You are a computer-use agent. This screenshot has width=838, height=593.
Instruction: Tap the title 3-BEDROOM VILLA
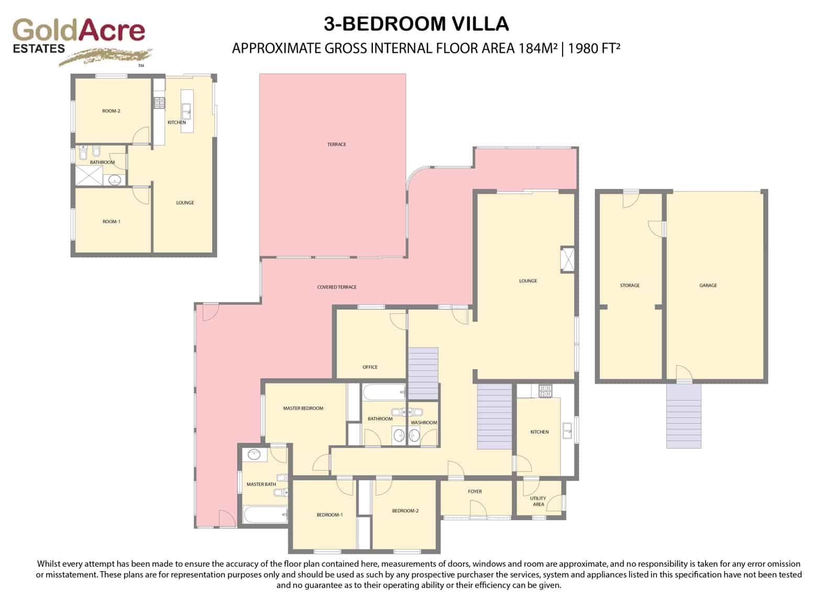click(x=416, y=24)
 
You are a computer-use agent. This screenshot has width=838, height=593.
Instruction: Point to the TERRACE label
click(x=336, y=144)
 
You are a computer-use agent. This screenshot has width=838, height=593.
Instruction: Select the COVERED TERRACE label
click(x=336, y=287)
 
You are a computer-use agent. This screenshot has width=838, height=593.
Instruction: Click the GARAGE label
click(x=708, y=285)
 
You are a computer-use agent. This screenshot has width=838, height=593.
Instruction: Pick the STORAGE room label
click(x=630, y=285)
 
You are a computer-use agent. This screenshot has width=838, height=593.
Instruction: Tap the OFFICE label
click(x=370, y=367)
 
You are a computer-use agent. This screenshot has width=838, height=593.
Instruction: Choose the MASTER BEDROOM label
click(x=303, y=408)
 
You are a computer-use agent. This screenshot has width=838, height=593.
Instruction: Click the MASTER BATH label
click(x=261, y=484)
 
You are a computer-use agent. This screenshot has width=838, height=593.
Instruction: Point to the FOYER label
click(x=475, y=491)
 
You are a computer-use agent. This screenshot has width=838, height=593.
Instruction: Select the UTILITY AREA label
click(x=538, y=501)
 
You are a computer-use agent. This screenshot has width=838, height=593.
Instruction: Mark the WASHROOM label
click(x=424, y=422)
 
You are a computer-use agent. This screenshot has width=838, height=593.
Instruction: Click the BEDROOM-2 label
click(x=405, y=511)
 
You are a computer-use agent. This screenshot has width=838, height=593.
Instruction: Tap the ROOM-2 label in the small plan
click(x=111, y=111)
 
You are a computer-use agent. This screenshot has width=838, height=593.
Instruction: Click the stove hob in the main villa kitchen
click(x=545, y=391)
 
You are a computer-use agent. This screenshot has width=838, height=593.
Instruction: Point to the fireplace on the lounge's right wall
click(x=567, y=259)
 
